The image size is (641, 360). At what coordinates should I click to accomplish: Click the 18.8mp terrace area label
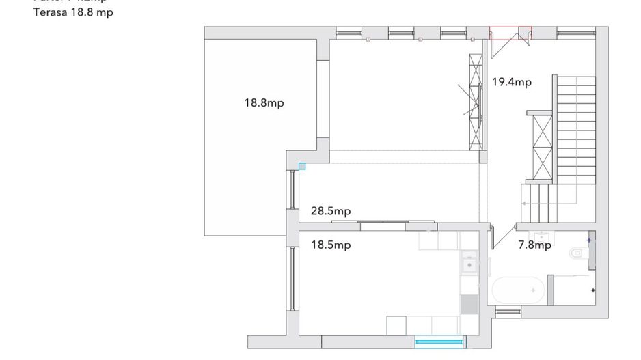264,103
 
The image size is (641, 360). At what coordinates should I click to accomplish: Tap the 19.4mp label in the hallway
511,82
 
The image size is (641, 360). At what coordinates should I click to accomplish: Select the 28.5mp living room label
331,211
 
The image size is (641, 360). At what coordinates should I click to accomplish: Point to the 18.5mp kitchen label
331,245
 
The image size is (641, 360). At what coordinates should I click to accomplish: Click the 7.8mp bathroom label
534,245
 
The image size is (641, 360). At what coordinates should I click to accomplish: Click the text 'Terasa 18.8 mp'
73,13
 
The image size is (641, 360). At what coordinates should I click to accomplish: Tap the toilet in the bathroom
577,253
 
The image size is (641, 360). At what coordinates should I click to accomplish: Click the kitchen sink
469,262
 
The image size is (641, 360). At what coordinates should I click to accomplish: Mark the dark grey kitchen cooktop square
469,304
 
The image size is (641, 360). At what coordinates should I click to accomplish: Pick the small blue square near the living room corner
302,166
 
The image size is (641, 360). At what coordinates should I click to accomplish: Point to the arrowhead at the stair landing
523,204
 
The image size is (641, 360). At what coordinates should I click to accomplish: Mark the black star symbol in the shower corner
592,290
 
